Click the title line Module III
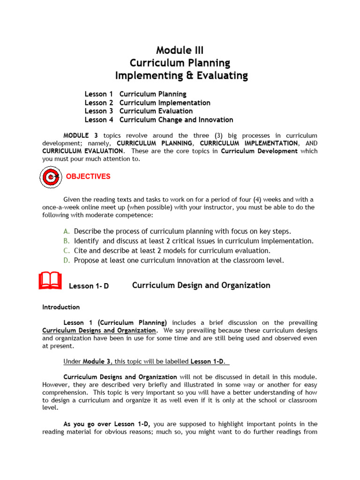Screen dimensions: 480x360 tap(180, 50)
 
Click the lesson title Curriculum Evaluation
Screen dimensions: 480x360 tap(156, 111)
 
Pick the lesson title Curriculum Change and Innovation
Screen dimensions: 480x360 tap(176, 120)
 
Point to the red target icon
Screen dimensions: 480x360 tap(50, 177)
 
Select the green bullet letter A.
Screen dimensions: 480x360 tap(67, 231)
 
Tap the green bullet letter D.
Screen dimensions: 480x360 tap(67, 261)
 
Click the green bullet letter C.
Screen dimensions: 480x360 tap(67, 251)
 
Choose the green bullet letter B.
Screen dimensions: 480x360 tap(67, 241)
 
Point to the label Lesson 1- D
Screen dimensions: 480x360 tap(89, 286)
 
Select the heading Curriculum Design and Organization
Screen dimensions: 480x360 tap(201, 285)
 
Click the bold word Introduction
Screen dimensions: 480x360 tap(61, 307)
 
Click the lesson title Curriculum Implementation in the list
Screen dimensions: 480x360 tap(165, 103)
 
